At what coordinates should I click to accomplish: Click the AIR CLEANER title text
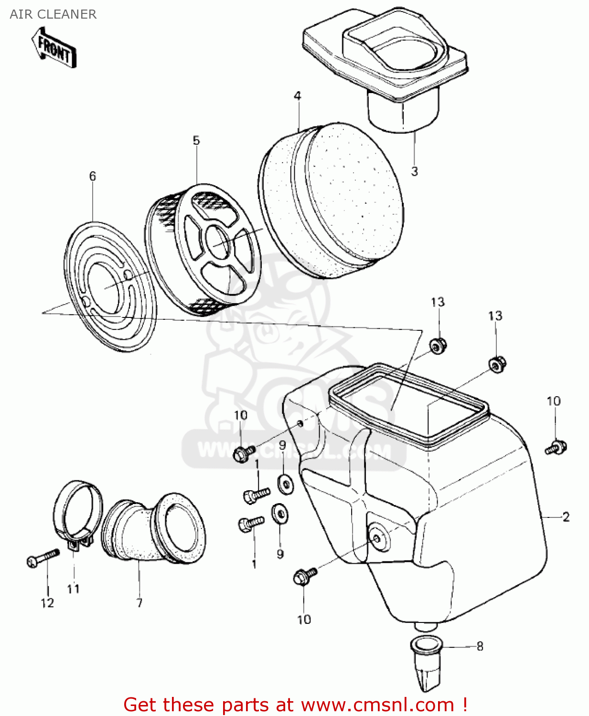click(53, 14)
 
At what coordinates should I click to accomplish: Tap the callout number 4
click(298, 96)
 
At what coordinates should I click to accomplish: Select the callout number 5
click(196, 141)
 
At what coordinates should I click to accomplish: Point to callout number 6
click(93, 177)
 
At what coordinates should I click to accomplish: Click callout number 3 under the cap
click(415, 171)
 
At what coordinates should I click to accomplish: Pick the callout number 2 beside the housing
click(566, 517)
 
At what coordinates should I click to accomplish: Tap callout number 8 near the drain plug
click(480, 646)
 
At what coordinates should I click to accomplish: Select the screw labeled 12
click(43, 558)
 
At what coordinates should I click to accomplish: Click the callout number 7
click(139, 603)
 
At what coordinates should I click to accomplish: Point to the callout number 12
click(47, 603)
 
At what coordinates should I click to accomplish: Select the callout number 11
click(73, 590)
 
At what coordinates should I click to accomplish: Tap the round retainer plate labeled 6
click(110, 286)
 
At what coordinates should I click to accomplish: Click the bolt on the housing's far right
click(556, 448)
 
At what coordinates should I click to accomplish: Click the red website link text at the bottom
click(295, 705)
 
